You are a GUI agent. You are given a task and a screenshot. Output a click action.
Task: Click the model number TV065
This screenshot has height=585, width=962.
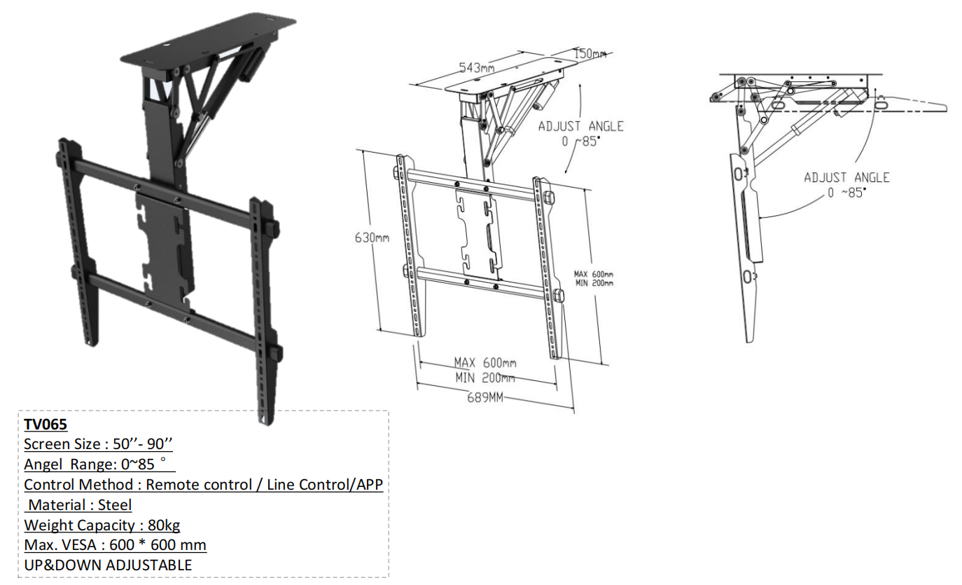pos(46,425)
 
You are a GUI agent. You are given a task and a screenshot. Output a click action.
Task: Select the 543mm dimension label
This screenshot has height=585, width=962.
pos(477,68)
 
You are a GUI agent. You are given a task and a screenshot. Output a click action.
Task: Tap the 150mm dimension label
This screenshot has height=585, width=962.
pos(590,54)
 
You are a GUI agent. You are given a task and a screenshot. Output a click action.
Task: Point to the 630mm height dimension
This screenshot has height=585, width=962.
pos(372,238)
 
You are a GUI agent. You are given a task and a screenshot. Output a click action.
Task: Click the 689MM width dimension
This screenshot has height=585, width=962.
pos(485,398)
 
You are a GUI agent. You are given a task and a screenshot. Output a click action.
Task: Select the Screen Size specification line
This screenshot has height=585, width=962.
pos(98,444)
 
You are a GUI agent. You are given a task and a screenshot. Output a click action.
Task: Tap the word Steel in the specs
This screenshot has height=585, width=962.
pos(115,504)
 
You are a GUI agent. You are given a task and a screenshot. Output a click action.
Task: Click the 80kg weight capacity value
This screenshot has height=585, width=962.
pos(164,525)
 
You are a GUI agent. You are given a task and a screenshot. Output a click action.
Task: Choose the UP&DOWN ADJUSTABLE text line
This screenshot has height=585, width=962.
pos(108,565)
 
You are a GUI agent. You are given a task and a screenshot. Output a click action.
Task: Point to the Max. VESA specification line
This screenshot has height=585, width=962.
pos(115,544)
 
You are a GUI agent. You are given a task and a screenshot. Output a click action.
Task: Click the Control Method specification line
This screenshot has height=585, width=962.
pos(203,484)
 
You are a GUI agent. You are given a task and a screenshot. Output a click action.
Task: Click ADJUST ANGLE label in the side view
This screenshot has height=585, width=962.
pos(846,177)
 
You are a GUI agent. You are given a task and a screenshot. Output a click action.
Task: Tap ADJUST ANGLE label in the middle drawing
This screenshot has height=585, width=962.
pos(580,126)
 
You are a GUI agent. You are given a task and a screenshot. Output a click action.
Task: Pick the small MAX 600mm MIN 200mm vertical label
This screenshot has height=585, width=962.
pos(594,279)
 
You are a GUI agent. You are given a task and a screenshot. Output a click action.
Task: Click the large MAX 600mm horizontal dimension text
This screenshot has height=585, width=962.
pos(485,363)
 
